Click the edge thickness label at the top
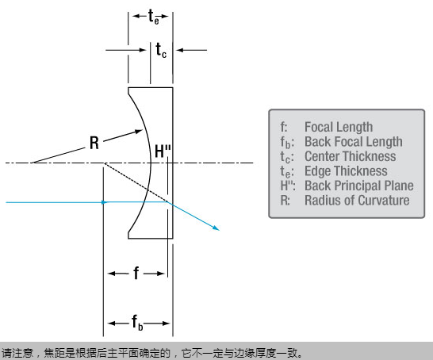pyautogui.click(x=154, y=17)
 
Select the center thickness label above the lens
pyautogui.click(x=161, y=50)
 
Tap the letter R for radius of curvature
pyautogui.click(x=94, y=143)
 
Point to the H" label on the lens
pyautogui.click(x=163, y=151)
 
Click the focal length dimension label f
pyautogui.click(x=136, y=274)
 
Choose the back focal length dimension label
pyautogui.click(x=137, y=323)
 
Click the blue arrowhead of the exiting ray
pyautogui.click(x=216, y=228)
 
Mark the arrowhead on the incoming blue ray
pyautogui.click(x=105, y=202)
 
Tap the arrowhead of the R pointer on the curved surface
pyautogui.click(x=139, y=132)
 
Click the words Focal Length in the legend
pyautogui.click(x=339, y=127)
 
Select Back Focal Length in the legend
pyautogui.click(x=354, y=142)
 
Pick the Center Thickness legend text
pyautogui.click(x=351, y=156)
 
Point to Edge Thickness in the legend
pyautogui.click(x=346, y=171)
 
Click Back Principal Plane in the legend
pyautogui.click(x=359, y=186)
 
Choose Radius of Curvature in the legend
pyautogui.click(x=357, y=200)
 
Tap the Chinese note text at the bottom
pyautogui.click(x=152, y=353)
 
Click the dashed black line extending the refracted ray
pyautogui.click(x=136, y=182)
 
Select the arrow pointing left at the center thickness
pyautogui.click(x=192, y=50)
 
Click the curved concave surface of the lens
pyautogui.click(x=151, y=163)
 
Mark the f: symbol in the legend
pyautogui.click(x=284, y=127)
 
